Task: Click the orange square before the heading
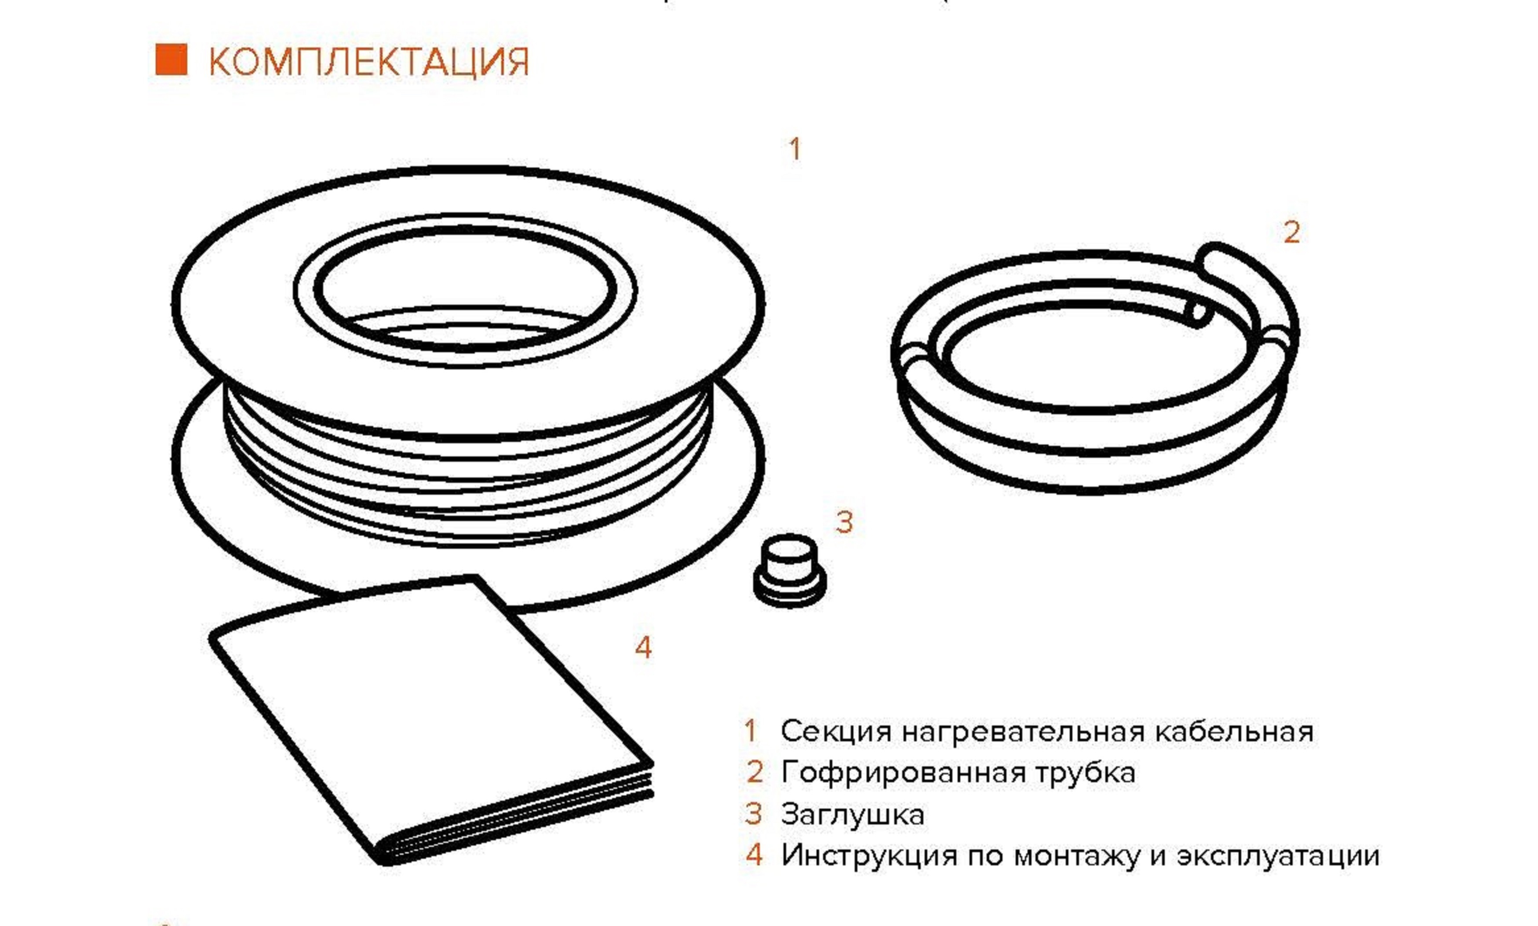[x=171, y=61]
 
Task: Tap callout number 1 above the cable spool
[x=794, y=149]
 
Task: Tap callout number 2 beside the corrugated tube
[x=1291, y=233]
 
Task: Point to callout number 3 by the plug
[x=844, y=522]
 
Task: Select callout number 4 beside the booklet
[x=643, y=648]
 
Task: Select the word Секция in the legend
[x=835, y=731]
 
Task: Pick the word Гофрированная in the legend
[x=903, y=773]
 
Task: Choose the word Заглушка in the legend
[x=852, y=815]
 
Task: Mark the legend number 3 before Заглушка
[x=753, y=814]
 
